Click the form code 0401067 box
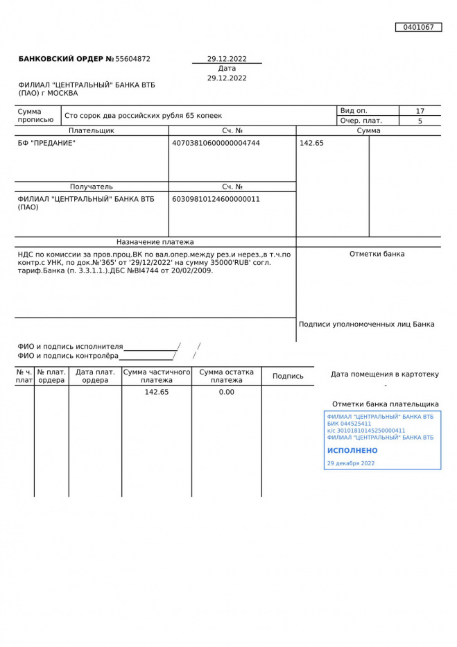pos(418,27)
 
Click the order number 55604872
pos(132,59)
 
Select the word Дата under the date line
pos(227,69)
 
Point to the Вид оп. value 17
pos(420,111)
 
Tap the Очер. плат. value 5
pos(420,121)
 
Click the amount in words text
pos(144,116)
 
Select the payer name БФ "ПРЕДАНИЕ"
pos(46,143)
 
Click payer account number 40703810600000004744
pos(216,143)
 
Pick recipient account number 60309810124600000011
pos(216,199)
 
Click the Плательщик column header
pos(92,130)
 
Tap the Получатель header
pos(92,187)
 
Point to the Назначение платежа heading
pos(155,242)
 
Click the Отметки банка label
pos(377,254)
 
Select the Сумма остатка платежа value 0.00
pos(227,392)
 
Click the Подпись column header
pos(288,376)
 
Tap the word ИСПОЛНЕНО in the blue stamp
pos(352,450)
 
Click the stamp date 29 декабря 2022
pos(351,463)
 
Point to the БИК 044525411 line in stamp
pos(349,424)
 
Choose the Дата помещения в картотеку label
pos(385,374)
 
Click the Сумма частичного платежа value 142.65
pos(157,392)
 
